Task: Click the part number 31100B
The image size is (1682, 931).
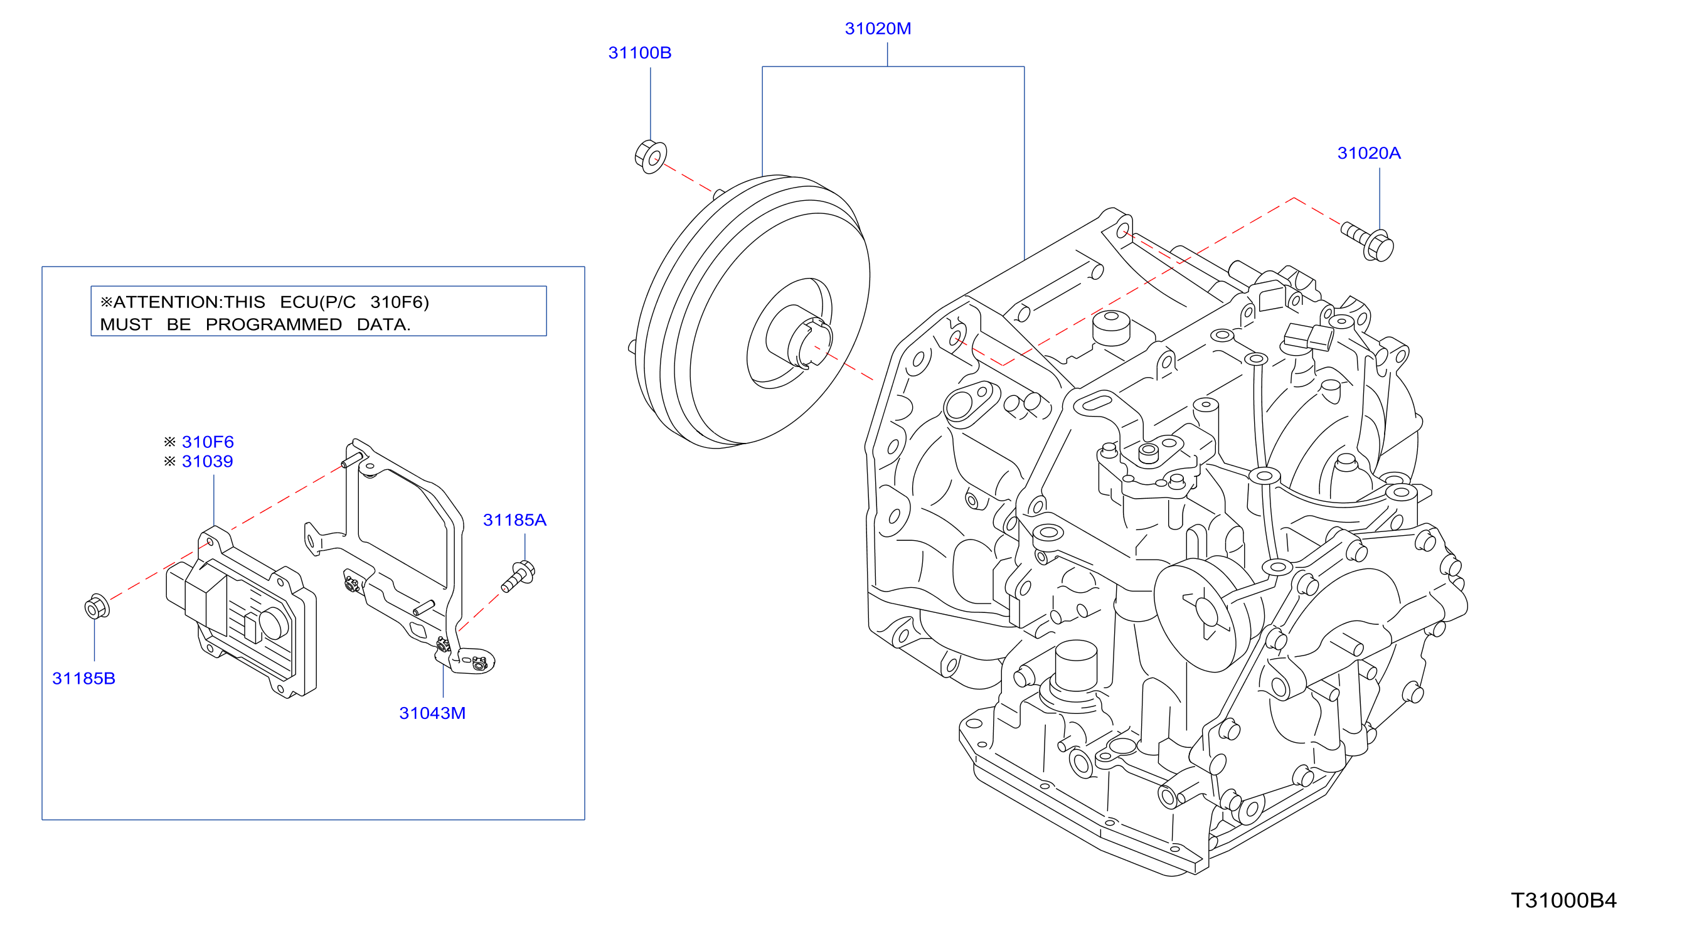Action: (639, 53)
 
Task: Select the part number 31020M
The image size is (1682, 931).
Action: (878, 29)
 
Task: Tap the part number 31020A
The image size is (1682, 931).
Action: (1368, 154)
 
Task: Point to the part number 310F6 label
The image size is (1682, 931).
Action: (208, 442)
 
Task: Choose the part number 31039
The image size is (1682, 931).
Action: (208, 462)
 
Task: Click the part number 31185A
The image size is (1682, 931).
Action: (514, 520)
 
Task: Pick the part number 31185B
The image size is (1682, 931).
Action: (83, 679)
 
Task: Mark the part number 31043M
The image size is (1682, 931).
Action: (432, 713)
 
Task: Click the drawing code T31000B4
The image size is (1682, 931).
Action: (1563, 901)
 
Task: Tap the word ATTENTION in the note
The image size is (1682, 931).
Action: (167, 302)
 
